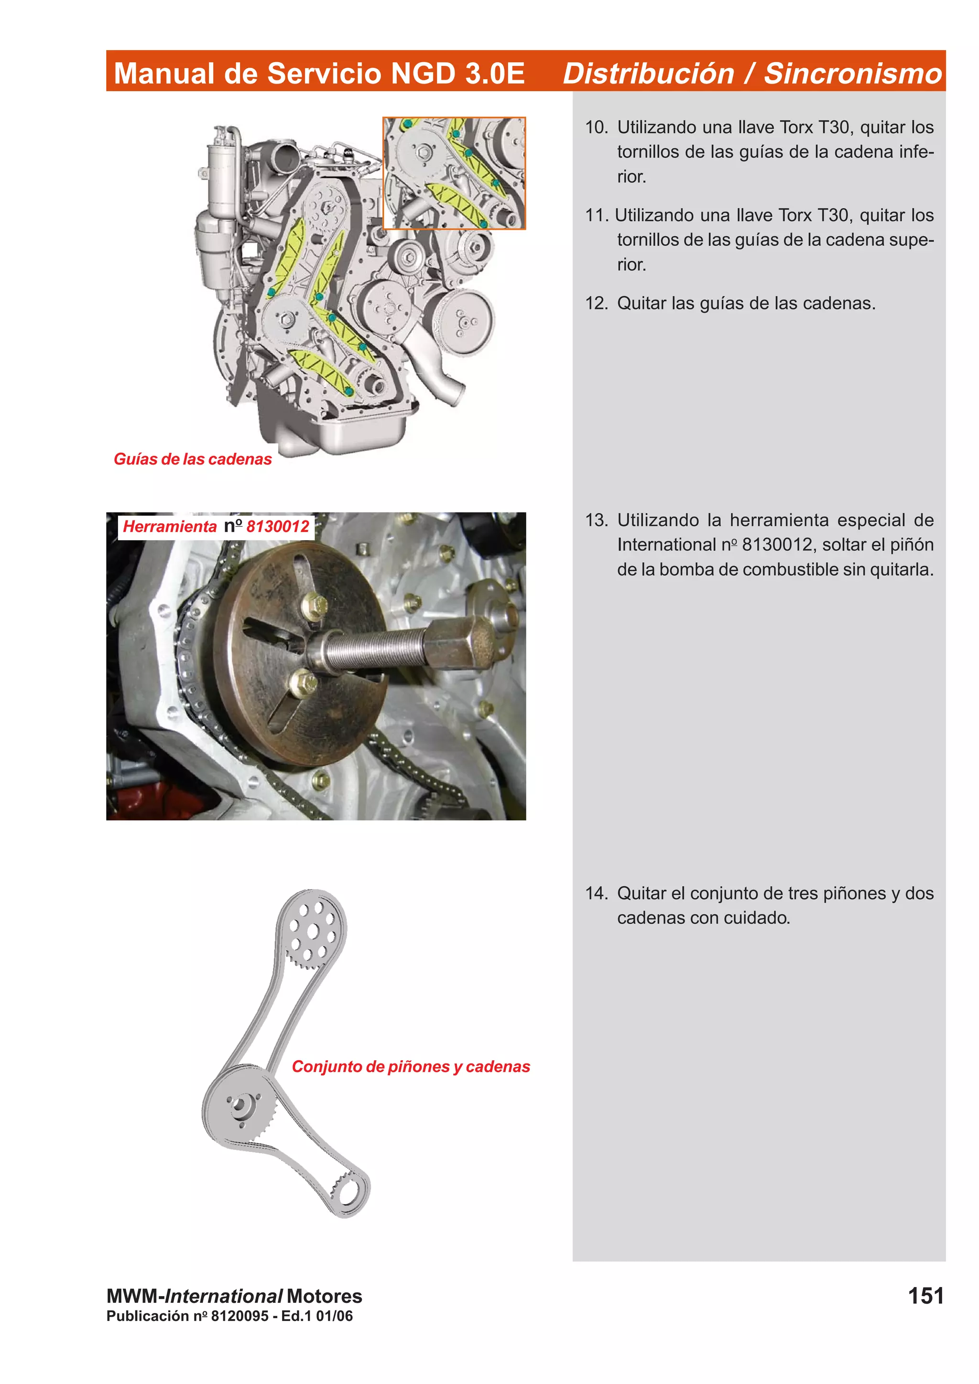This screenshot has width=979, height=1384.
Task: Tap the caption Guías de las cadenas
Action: (193, 459)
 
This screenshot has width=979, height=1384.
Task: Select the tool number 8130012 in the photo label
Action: (277, 526)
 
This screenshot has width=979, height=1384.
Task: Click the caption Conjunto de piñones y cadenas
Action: (410, 1066)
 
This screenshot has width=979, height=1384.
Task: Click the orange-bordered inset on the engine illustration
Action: (454, 173)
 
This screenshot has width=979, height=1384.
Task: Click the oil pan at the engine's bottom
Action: (356, 431)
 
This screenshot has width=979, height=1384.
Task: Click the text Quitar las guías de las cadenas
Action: (746, 303)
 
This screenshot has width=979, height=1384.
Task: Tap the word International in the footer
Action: (224, 1296)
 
